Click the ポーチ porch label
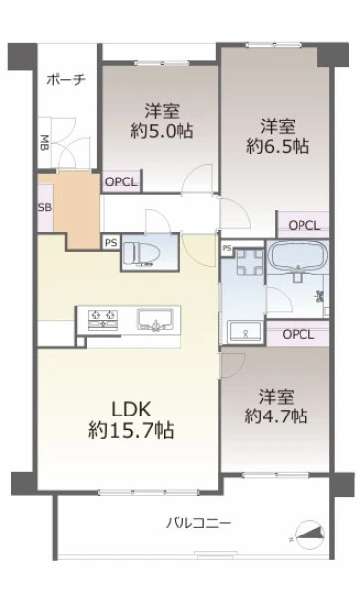point(66,80)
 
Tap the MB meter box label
point(45,143)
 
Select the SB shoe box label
point(45,207)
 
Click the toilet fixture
point(142,253)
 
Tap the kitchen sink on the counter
point(156,319)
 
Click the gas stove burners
point(103,319)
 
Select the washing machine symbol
point(249,262)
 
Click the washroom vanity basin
point(245,332)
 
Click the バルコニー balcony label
point(198,524)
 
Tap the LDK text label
point(131,410)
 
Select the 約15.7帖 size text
point(131,430)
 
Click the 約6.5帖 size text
point(278,146)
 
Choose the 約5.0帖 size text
point(162,131)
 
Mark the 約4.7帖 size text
point(276,416)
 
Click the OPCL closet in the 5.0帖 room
point(121,182)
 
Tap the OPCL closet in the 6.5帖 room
point(303,225)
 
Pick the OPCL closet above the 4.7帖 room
point(299,334)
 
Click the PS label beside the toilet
point(111,242)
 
